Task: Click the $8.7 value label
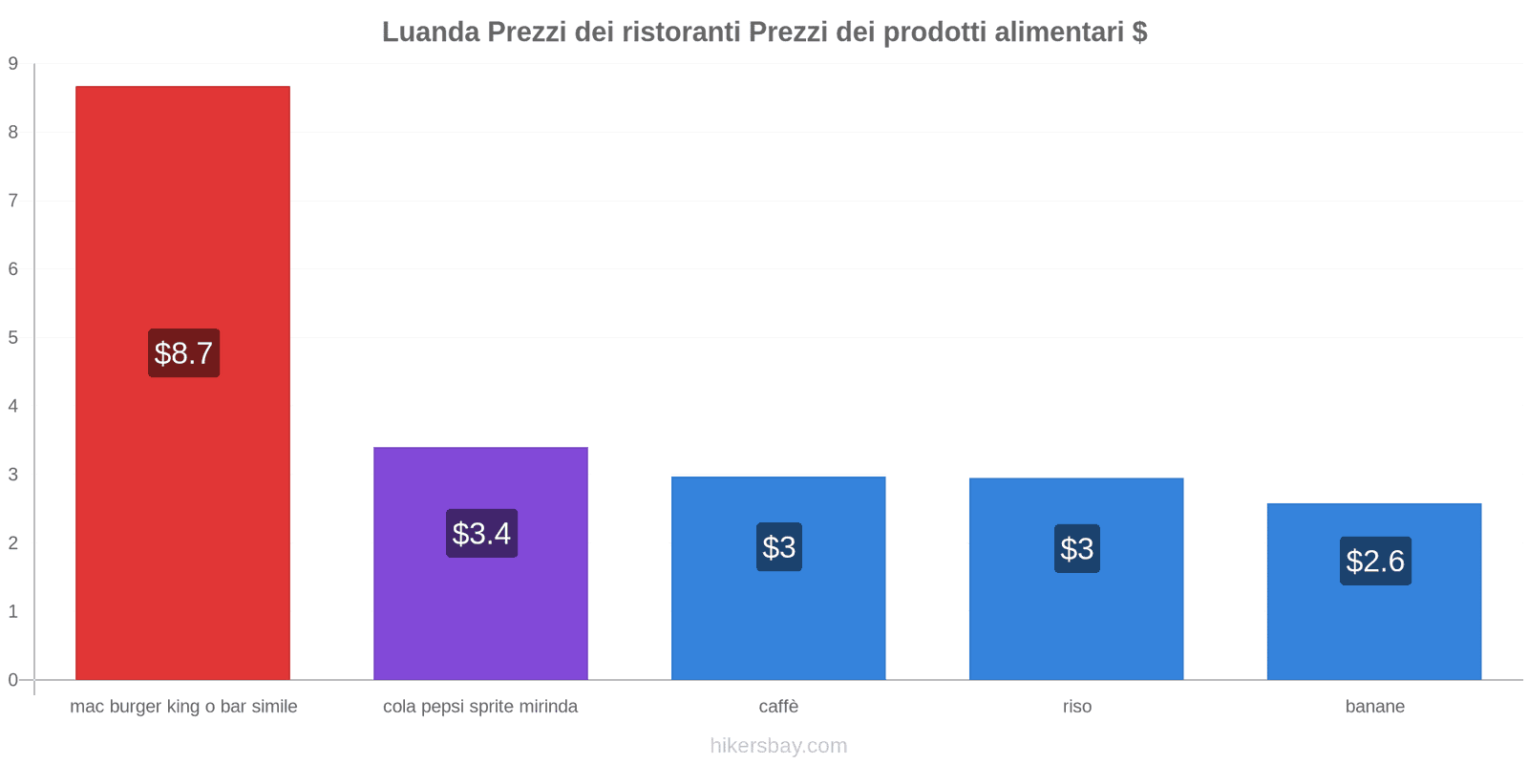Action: coord(183,353)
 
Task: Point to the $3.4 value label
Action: coord(481,534)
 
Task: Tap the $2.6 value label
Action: coord(1375,562)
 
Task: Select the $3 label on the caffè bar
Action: coord(779,547)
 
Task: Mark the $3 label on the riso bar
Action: coord(1077,549)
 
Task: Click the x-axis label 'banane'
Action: coord(1374,707)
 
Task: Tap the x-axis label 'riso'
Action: coord(1076,707)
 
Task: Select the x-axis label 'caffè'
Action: coord(778,707)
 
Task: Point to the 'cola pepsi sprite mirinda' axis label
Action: coord(480,707)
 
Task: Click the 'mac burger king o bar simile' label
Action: coord(183,707)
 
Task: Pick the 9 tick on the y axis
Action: coord(13,64)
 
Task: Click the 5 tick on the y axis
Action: coord(13,338)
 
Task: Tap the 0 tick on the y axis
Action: coord(13,680)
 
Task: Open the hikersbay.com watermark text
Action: coord(778,746)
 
